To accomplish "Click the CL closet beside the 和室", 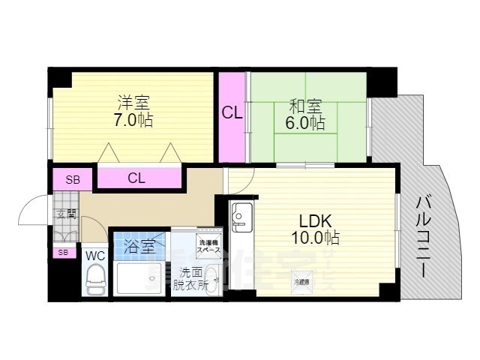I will pyautogui.click(x=232, y=114).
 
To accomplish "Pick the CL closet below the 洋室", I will pyautogui.click(x=136, y=178).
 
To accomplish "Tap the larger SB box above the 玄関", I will pyautogui.click(x=72, y=179).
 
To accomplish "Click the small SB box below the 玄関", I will pyautogui.click(x=63, y=252).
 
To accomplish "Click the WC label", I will pyautogui.click(x=95, y=255).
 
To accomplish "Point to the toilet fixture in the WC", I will pyautogui.click(x=95, y=281).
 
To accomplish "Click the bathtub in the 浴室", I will pyautogui.click(x=141, y=278).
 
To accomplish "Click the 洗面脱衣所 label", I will pyautogui.click(x=187, y=279).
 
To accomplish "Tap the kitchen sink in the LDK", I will pyautogui.click(x=241, y=215).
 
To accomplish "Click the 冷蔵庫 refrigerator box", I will pyautogui.click(x=301, y=281).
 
